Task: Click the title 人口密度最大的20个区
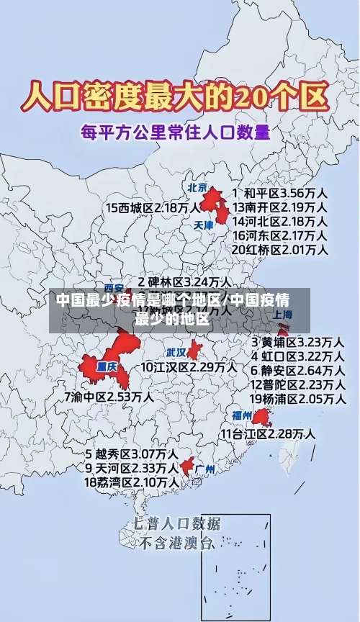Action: tap(176, 96)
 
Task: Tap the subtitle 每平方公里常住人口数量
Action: tap(176, 132)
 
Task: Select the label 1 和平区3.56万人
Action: tap(279, 193)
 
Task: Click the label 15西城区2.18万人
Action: tap(153, 207)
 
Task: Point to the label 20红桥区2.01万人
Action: tap(279, 250)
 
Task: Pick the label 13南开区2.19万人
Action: tap(279, 207)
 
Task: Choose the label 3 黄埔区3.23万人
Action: tap(297, 341)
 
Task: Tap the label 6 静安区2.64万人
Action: tap(297, 370)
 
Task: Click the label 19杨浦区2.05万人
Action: tap(297, 398)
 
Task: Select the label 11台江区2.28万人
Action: tap(267, 433)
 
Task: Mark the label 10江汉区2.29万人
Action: tap(189, 366)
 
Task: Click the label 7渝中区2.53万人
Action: tap(108, 396)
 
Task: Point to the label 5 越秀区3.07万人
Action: tap(132, 454)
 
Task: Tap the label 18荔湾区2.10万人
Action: tap(132, 482)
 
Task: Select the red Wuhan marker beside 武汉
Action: tap(194, 351)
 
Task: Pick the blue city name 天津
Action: tap(204, 225)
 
